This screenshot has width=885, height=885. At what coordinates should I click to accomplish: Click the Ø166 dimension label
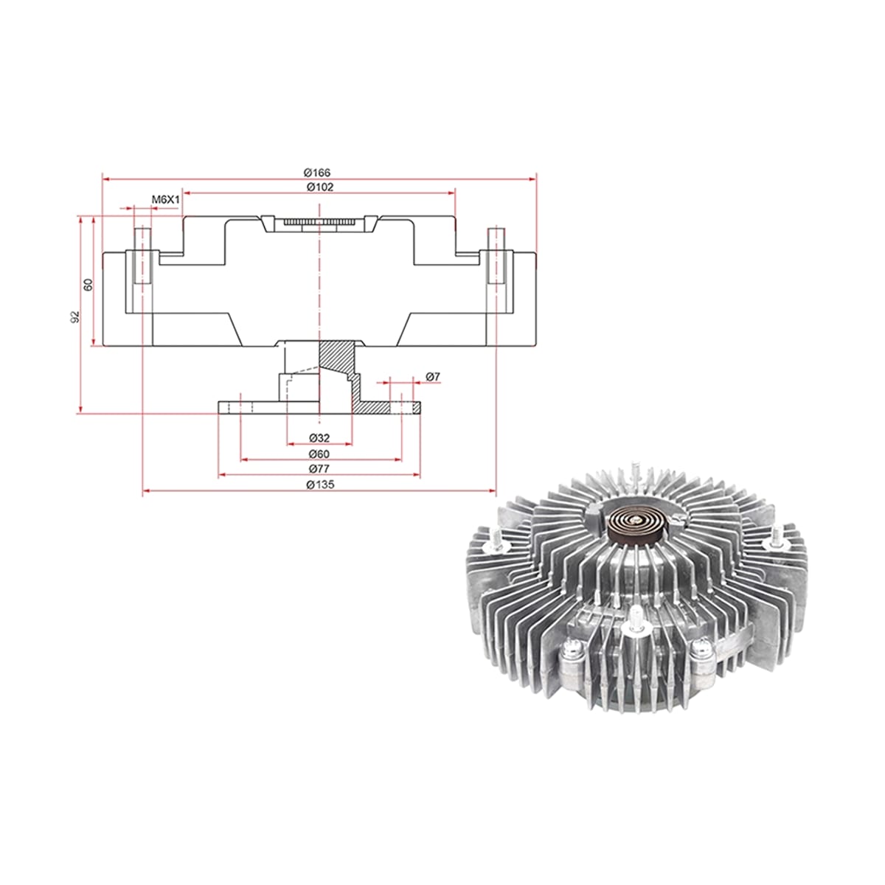tap(317, 173)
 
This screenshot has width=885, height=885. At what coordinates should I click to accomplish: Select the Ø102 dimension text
tap(319, 187)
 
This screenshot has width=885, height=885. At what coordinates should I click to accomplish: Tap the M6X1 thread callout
tap(166, 200)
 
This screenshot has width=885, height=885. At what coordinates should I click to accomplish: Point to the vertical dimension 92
tap(75, 317)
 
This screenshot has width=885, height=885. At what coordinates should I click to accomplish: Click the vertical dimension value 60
tap(88, 284)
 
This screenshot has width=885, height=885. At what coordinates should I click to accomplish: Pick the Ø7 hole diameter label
tap(433, 377)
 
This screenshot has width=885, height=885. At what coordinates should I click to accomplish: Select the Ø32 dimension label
tap(319, 437)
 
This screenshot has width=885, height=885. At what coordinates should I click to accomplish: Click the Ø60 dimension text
tap(319, 454)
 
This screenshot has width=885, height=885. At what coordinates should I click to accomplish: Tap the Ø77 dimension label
tap(319, 468)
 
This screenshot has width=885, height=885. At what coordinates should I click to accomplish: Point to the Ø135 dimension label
tap(320, 484)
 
